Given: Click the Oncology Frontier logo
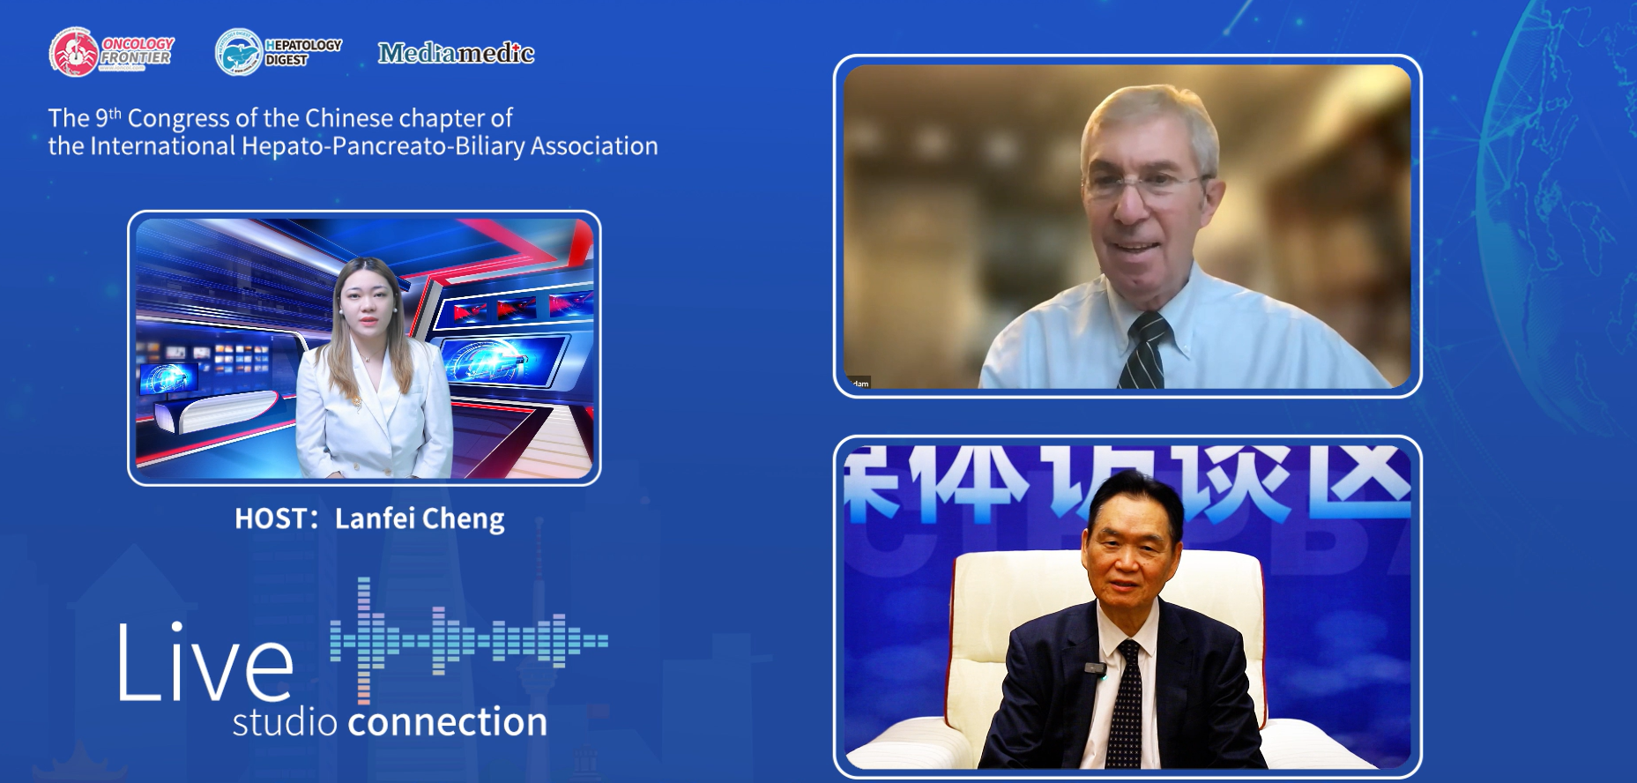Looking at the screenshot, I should [x=111, y=51].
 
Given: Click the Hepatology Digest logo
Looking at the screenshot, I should [x=279, y=51].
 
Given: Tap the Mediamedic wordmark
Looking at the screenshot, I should [x=456, y=54].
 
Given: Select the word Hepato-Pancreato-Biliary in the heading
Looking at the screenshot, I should [x=383, y=146].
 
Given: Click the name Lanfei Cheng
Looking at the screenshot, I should [x=420, y=518].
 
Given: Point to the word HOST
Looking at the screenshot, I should [x=270, y=518].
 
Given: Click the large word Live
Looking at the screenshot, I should [x=205, y=663].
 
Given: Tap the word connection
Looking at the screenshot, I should [x=448, y=722].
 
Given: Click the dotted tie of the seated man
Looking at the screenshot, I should [x=1125, y=705].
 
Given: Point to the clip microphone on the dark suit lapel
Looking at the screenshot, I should [x=1096, y=670].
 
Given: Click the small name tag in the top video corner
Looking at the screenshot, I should [x=859, y=383].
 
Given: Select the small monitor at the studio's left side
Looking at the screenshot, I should [x=168, y=379].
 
